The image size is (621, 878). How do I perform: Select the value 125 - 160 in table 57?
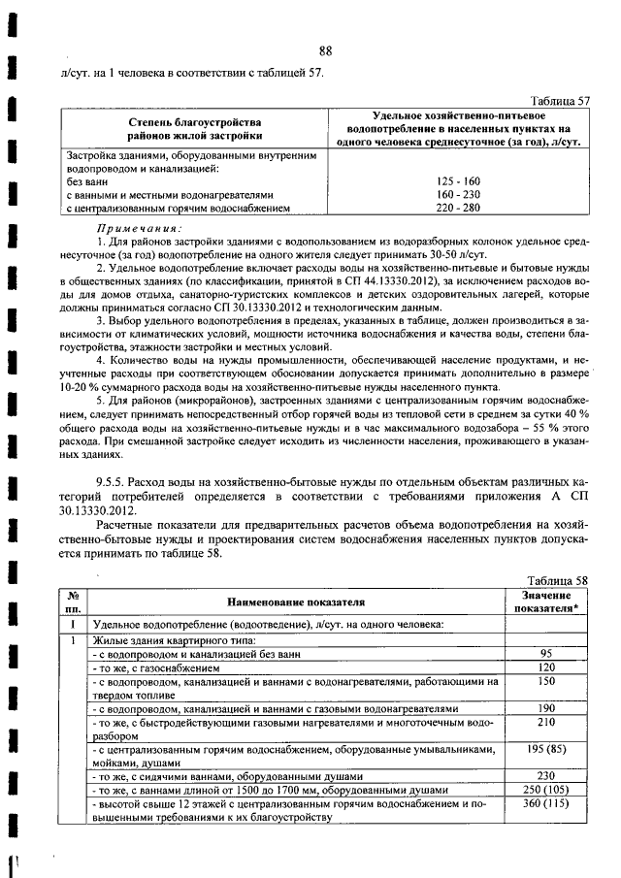[458, 181]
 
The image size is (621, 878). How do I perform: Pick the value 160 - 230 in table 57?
[458, 194]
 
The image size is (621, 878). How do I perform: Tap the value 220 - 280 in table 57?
[458, 207]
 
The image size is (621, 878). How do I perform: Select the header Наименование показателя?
[296, 602]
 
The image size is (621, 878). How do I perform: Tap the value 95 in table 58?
[545, 654]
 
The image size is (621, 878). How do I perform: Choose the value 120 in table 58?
[545, 667]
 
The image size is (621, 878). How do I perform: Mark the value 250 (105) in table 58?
[545, 791]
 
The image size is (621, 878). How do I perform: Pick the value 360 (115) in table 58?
[545, 804]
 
